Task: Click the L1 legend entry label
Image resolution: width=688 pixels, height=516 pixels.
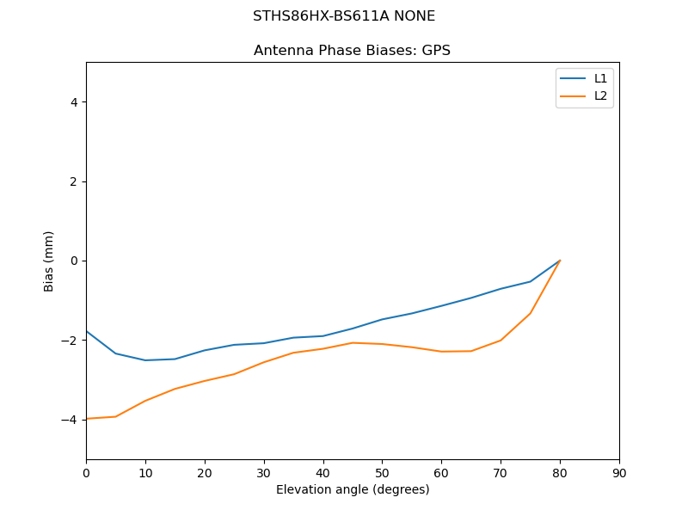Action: coord(600,78)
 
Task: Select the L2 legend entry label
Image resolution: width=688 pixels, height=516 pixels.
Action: coord(600,95)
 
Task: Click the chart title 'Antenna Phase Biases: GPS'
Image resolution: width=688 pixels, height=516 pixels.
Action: coord(352,51)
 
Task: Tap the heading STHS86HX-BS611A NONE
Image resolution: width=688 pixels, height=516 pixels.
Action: coord(344,16)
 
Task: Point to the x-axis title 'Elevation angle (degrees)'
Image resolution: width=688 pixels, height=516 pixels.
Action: coord(353,490)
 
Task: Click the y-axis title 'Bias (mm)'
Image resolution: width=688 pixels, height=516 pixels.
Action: coord(49,261)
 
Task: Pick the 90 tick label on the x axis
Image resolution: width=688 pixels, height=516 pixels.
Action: coord(619,472)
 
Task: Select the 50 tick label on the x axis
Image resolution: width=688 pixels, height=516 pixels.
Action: coord(382,472)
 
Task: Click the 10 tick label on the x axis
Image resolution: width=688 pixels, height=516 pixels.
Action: coord(145,472)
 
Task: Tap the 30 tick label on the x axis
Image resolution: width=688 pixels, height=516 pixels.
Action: coord(264,472)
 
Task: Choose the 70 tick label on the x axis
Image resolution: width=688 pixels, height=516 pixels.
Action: coord(501,472)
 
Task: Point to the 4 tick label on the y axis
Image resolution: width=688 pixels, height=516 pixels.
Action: coord(74,102)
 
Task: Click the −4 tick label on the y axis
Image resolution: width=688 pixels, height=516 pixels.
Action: coord(71,420)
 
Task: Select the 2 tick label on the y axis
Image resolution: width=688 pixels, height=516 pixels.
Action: coord(74,181)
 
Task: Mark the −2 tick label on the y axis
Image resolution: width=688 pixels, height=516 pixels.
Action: coord(71,341)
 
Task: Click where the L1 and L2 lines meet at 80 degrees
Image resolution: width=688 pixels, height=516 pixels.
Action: coord(560,261)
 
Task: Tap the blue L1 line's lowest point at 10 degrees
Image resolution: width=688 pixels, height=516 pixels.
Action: coord(145,360)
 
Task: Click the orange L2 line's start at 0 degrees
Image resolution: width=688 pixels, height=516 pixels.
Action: coord(87,419)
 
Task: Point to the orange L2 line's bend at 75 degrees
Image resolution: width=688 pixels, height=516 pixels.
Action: coord(530,313)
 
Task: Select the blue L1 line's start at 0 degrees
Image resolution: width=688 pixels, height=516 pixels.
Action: coord(87,331)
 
